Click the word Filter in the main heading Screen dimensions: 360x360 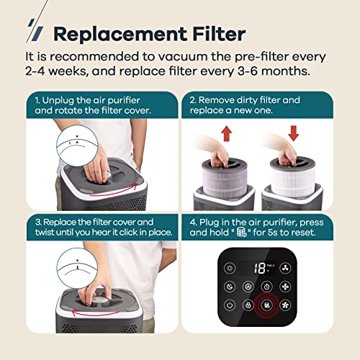pos(219,34)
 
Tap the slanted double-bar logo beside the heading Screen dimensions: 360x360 pos(35,30)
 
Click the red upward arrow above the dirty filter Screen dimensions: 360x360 pos(227,134)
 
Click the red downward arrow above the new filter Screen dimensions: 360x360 pos(293,133)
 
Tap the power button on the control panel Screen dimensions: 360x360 pos(230,305)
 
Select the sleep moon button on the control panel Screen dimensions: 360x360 pos(230,287)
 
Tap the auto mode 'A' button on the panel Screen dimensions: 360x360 pos(248,287)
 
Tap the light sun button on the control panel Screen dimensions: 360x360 pos(230,268)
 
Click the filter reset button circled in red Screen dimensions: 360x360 pos(266,305)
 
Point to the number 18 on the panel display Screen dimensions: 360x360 pos(260,268)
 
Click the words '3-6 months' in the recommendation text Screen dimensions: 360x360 pos(274,71)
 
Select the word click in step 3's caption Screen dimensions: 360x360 pos(129,233)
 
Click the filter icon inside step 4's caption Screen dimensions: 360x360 pos(241,232)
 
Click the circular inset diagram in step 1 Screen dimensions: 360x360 pos(77,145)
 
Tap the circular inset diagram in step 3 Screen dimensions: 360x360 pos(77,268)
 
